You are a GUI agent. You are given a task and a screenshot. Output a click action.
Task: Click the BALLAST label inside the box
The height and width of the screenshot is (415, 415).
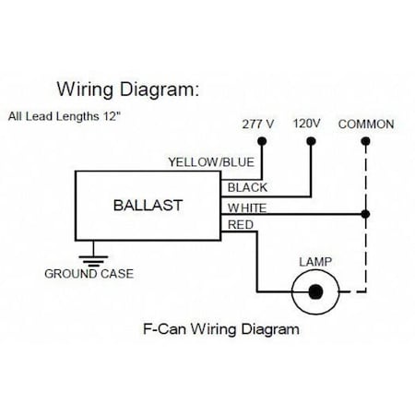[x=148, y=206]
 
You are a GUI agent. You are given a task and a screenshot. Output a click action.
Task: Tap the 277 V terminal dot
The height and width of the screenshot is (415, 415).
[x=262, y=141]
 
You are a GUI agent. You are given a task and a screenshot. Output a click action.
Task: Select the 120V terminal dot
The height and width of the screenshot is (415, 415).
[x=311, y=141]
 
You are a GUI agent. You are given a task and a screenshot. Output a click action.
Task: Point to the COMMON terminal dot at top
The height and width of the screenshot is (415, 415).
[x=365, y=141]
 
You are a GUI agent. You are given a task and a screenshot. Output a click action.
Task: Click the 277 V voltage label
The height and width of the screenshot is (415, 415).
[x=258, y=125]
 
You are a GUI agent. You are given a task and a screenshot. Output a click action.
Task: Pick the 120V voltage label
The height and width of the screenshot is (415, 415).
[x=306, y=124]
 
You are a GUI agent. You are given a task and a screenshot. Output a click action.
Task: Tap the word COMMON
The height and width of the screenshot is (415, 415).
[x=366, y=125]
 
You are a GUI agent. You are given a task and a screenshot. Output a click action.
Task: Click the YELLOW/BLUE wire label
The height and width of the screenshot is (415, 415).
[x=211, y=162]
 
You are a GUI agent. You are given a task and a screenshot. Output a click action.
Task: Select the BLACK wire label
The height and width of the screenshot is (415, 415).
[x=247, y=187]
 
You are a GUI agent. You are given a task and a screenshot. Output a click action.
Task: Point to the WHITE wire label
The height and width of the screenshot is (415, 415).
[x=247, y=208]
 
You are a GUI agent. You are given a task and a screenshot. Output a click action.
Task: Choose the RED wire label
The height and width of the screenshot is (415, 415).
[x=241, y=225]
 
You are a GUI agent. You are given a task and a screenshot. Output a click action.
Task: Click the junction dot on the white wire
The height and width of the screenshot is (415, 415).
[x=365, y=214]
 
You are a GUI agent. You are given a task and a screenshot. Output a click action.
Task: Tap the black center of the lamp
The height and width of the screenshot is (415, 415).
[x=315, y=291]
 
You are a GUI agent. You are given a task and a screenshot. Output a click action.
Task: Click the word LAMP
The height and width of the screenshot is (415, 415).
[x=315, y=262]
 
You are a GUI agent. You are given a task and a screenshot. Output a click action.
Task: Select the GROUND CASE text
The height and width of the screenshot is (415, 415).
[x=89, y=274]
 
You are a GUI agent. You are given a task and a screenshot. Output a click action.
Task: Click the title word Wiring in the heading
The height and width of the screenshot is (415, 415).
[x=85, y=89]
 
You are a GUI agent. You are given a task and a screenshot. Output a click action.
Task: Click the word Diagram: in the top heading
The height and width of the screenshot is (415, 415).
[x=160, y=89]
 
